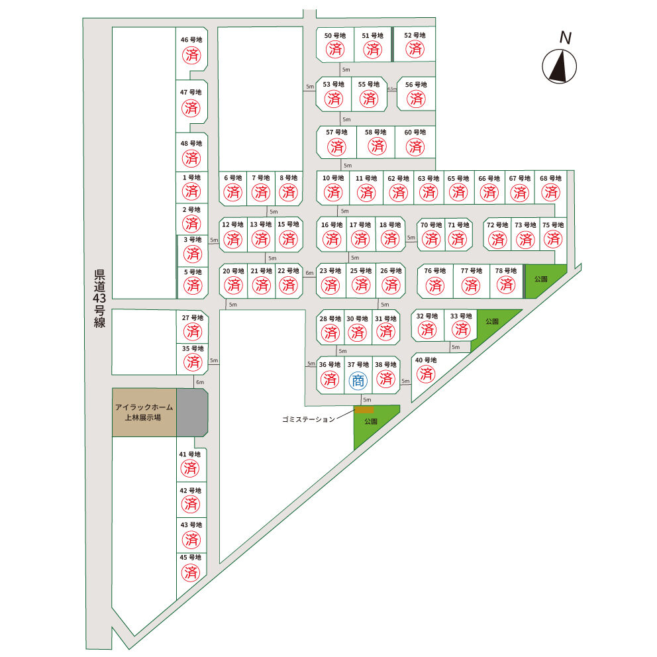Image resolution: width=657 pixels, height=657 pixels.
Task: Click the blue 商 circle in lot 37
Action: click(358, 381)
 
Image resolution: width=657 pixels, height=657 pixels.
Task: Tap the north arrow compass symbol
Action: click(560, 66)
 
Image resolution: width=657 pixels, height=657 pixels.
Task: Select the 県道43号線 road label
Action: click(99, 298)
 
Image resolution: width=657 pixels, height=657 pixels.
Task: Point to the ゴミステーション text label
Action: click(309, 419)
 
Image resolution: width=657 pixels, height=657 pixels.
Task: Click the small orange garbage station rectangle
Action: click(364, 409)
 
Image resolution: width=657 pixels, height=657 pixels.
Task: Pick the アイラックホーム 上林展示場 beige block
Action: click(144, 413)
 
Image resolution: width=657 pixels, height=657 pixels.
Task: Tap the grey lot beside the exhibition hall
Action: click(192, 413)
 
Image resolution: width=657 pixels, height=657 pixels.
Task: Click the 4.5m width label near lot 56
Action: click(392, 89)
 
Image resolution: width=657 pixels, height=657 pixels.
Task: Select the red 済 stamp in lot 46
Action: click(191, 55)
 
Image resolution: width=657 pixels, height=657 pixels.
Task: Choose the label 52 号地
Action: click(415, 35)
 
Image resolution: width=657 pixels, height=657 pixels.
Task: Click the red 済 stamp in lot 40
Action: click(426, 374)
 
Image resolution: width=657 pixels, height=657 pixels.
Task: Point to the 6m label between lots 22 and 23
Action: click(310, 273)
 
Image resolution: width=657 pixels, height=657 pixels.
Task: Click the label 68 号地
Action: click(550, 178)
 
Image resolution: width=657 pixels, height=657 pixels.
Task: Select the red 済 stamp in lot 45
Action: click(191, 572)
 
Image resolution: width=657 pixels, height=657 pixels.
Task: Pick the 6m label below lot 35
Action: click(200, 382)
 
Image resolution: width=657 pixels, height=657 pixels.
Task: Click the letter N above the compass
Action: click(566, 38)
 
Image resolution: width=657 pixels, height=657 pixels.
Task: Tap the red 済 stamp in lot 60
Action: click(415, 146)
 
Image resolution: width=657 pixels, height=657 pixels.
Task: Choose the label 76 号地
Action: click(435, 271)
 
